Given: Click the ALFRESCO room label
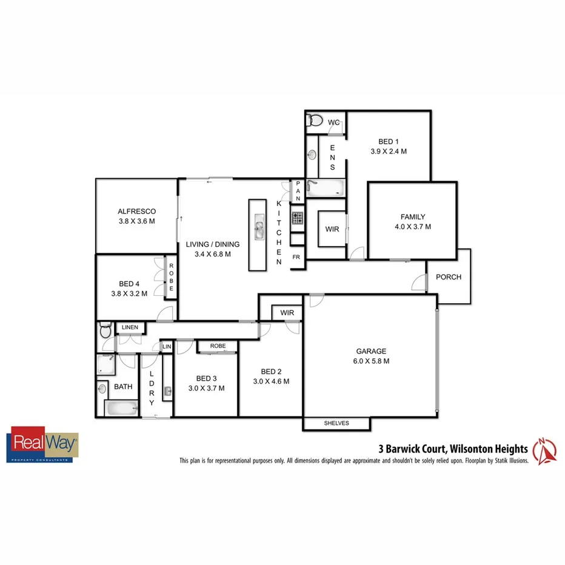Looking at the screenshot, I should point(136,212).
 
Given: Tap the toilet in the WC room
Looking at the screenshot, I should point(315,120).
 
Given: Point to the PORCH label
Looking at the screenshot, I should point(449,277).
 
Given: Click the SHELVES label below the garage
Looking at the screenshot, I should point(336,423).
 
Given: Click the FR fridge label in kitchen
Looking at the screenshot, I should point(296,257).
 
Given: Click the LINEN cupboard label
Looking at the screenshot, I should point(130,328).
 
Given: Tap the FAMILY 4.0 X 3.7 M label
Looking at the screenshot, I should point(412,216).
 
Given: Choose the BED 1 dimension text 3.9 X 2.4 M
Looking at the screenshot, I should point(389,152).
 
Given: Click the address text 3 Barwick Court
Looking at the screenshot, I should point(412,449).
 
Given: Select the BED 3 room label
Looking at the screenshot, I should point(206,379).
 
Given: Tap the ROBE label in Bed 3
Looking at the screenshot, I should point(218,346).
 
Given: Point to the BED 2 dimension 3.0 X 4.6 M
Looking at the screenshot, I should point(271,381).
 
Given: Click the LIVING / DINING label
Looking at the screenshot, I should point(213,244).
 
